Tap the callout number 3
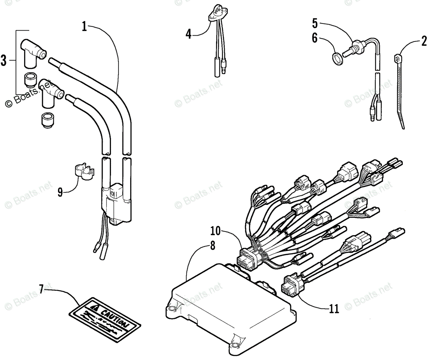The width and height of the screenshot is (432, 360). tap(4, 60)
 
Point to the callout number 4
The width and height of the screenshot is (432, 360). tap(188, 34)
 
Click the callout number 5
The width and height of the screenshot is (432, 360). tap(315, 24)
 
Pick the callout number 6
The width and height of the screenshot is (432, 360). tap(315, 38)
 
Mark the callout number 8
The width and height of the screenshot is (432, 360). tap(212, 246)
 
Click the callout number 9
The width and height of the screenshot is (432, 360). tap(60, 192)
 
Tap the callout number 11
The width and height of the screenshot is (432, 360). tap(334, 308)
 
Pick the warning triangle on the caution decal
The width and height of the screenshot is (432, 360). tap(94, 308)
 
